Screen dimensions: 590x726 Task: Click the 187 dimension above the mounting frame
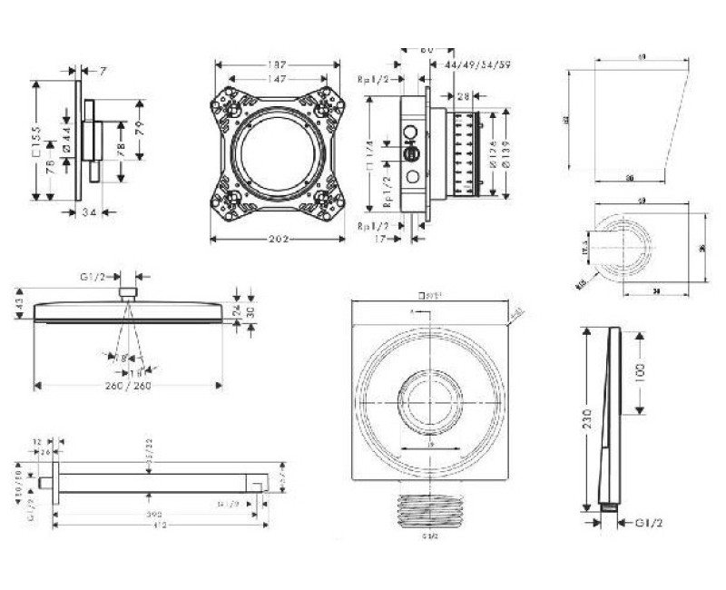tap(278, 64)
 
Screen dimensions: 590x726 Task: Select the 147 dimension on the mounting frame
tap(278, 80)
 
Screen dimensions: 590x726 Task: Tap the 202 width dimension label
tap(278, 240)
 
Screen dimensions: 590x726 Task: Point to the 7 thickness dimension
tap(104, 70)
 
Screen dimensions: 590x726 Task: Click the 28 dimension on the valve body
tap(464, 96)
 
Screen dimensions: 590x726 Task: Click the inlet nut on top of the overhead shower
tap(129, 292)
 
